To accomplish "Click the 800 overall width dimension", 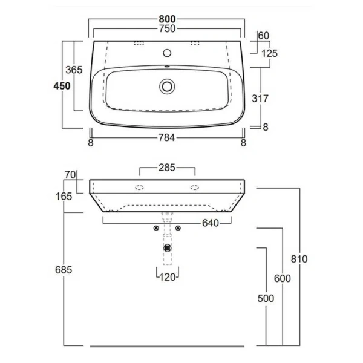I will coord(167,19).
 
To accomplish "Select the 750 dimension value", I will coord(167,28).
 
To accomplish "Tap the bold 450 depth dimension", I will coord(62,85).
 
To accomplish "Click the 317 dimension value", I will coord(258,97).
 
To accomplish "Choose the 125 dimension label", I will coord(269,53).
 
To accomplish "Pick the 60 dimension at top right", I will coord(263,35).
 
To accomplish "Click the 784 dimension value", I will coord(167,138).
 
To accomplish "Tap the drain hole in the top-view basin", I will coord(167,87).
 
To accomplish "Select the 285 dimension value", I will coord(167,164).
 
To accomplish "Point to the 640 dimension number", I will coord(209,223).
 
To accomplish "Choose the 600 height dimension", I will coord(282,278).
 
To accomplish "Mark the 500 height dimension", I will coord(265,298).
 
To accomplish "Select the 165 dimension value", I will coord(64,195).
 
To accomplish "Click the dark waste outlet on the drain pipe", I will coord(167,247).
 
